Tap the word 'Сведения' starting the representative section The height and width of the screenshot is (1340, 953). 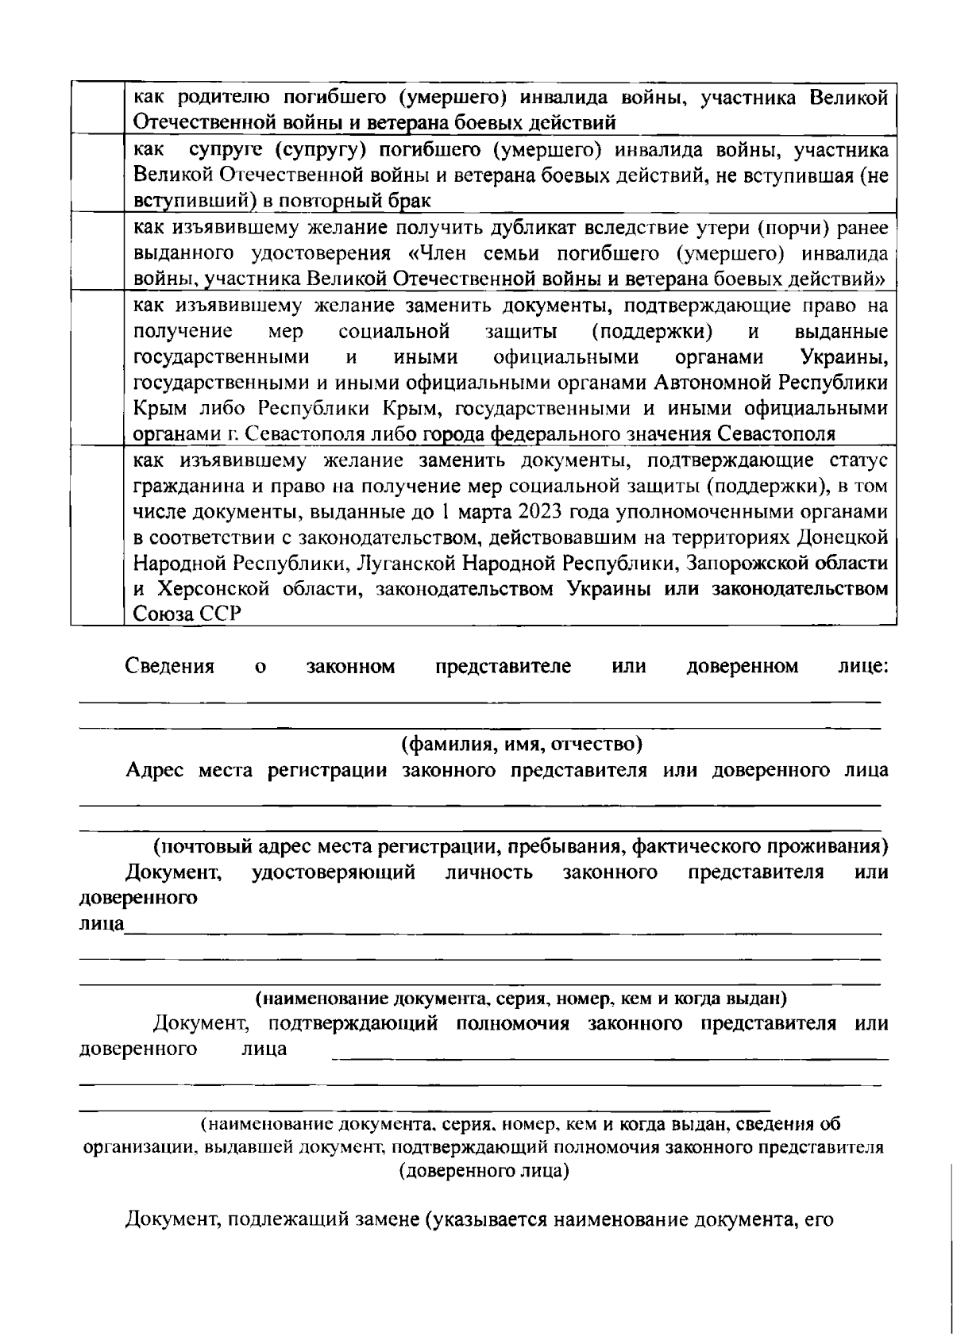point(170,666)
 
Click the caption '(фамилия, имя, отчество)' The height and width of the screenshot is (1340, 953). point(521,745)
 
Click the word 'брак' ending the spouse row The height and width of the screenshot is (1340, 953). point(410,201)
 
